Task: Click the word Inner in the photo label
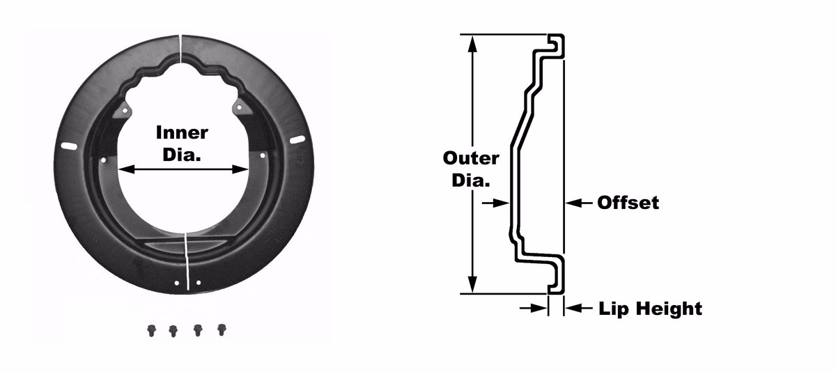[182, 133]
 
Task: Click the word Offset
[628, 203]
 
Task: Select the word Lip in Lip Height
[612, 309]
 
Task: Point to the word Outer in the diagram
[471, 158]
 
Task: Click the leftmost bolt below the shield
[151, 330]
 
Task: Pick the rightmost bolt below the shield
[222, 330]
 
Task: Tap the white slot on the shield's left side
[69, 146]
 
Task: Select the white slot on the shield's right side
[297, 140]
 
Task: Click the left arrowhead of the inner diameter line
[126, 169]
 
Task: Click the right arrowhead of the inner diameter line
[240, 169]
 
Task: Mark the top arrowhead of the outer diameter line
[472, 44]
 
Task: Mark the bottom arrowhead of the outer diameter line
[472, 285]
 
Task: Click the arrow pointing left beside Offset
[578, 203]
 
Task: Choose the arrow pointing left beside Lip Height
[578, 308]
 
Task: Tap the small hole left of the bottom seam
[177, 284]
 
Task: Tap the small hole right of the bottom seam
[199, 282]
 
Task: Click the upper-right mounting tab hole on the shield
[239, 107]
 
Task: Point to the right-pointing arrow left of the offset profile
[495, 203]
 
